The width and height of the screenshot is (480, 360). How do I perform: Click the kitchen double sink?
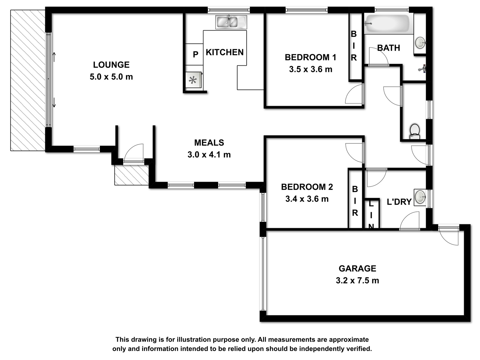(231, 22)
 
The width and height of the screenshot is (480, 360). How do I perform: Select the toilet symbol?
(415, 132)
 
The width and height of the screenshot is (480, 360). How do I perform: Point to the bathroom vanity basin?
(420, 43)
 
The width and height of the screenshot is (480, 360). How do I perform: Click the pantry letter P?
(196, 54)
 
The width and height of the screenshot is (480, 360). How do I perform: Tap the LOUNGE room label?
(111, 65)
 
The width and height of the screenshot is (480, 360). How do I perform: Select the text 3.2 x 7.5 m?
(357, 280)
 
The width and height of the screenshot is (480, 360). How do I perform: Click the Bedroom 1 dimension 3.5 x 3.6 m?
(310, 69)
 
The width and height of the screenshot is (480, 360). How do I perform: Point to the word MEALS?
(209, 143)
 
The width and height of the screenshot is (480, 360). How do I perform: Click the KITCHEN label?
(225, 52)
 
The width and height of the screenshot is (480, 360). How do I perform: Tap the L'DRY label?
(399, 202)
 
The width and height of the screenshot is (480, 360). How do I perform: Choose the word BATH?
(388, 48)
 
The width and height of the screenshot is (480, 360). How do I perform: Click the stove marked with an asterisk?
(193, 80)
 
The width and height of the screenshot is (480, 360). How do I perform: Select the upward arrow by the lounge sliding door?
(54, 57)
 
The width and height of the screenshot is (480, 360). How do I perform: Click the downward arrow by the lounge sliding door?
(54, 103)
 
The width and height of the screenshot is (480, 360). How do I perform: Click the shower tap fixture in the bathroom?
(422, 69)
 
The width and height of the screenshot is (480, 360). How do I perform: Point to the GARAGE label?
(357, 268)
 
